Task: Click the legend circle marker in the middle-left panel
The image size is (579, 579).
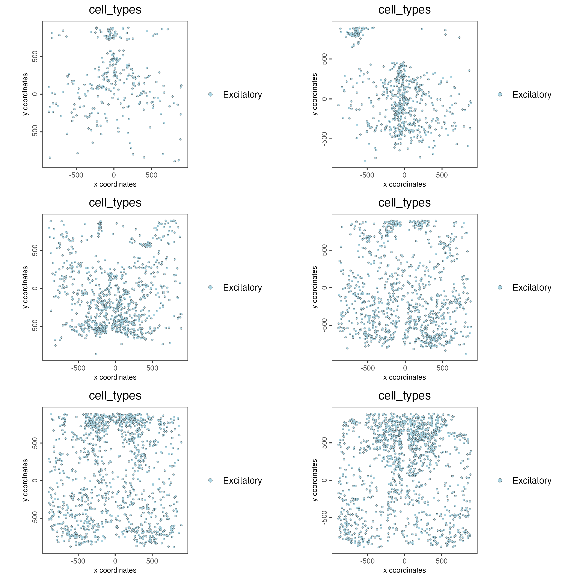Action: click(x=210, y=287)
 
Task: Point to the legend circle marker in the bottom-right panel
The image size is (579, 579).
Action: click(x=500, y=480)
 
